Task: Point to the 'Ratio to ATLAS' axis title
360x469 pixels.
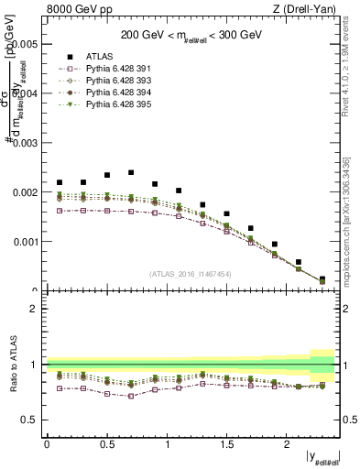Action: (12, 364)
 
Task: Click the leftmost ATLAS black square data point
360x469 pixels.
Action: (60, 182)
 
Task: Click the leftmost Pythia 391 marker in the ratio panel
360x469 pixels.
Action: (60, 387)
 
